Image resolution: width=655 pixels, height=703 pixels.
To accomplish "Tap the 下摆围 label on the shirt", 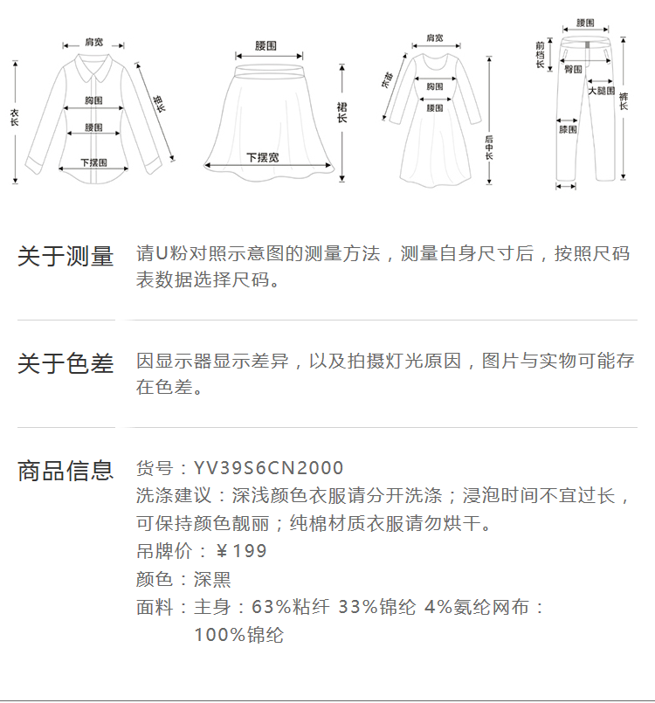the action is click(93, 162).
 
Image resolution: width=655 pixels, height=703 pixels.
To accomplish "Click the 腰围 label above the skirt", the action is click(266, 45).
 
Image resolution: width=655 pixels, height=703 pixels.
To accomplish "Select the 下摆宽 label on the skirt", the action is click(262, 157).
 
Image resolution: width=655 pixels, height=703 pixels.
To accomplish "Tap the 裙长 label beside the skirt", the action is click(342, 112).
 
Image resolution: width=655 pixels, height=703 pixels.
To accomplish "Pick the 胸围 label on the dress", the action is click(434, 86).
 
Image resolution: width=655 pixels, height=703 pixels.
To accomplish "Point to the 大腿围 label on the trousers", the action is click(601, 91).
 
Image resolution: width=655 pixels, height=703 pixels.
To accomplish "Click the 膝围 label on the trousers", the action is click(568, 129).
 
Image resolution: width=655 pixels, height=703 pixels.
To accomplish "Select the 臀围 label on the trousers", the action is click(574, 69).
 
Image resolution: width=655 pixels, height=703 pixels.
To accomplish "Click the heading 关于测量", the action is click(65, 257).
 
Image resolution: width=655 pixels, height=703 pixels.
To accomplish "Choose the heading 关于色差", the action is click(65, 363).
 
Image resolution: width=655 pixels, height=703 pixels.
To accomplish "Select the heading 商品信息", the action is click(65, 471).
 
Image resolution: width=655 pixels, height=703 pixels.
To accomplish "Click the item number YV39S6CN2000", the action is click(269, 469).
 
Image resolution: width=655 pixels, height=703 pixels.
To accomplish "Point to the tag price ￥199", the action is click(241, 551).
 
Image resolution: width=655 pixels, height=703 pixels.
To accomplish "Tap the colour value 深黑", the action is click(212, 579).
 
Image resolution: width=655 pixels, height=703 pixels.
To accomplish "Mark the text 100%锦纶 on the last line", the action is click(238, 635).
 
